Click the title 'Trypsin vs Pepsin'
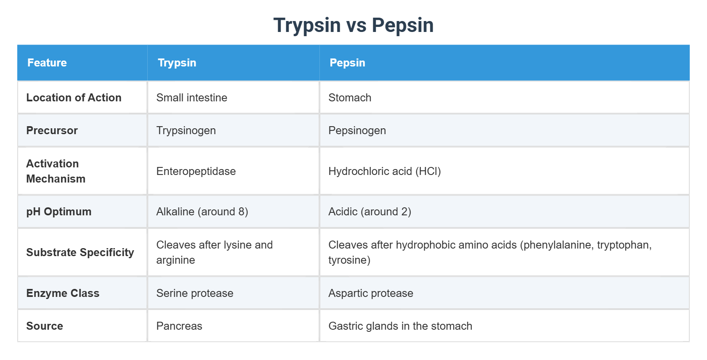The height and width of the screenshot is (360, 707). pos(353,25)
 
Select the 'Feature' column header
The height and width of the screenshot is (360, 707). pos(47,63)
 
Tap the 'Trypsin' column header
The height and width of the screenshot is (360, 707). pos(177,63)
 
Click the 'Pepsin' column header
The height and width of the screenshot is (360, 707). pos(347,63)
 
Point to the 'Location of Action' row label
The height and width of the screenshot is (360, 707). pos(74,98)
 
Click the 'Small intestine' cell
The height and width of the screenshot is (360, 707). pos(191,98)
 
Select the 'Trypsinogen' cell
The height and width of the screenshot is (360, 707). pos(186,131)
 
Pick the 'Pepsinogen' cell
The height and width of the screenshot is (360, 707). pos(357,131)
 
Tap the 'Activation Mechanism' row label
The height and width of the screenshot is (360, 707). pos(56,171)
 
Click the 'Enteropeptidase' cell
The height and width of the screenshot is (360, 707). pos(196,171)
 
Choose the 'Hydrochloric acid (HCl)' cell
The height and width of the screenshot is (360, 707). pos(385,171)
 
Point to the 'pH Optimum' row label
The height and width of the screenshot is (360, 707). pos(59,212)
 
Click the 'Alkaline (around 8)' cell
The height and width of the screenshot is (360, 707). pos(202,212)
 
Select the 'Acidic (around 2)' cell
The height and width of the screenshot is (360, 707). pos(369,212)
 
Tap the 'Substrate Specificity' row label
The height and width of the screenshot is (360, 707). pos(80,252)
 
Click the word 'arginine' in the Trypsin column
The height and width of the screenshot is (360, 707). pos(175,260)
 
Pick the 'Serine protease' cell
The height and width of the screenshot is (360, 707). pos(195,293)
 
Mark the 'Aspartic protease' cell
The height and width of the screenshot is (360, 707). pos(370,293)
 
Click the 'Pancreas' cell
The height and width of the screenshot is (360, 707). pos(179,326)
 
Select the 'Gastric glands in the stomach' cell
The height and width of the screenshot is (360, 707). pos(400,326)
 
